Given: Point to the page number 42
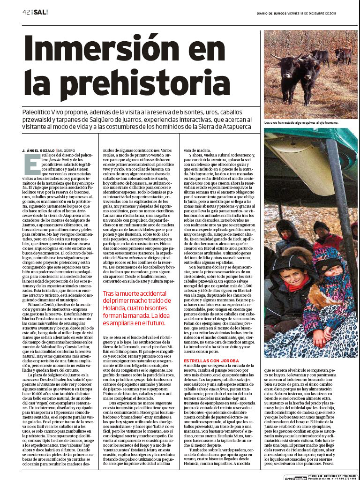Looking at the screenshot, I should point(26,12).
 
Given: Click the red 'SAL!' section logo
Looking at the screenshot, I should point(41,12).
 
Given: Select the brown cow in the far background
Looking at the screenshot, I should point(344,54).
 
